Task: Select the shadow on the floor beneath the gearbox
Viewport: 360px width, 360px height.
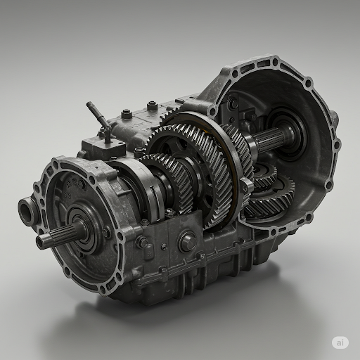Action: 211,309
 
